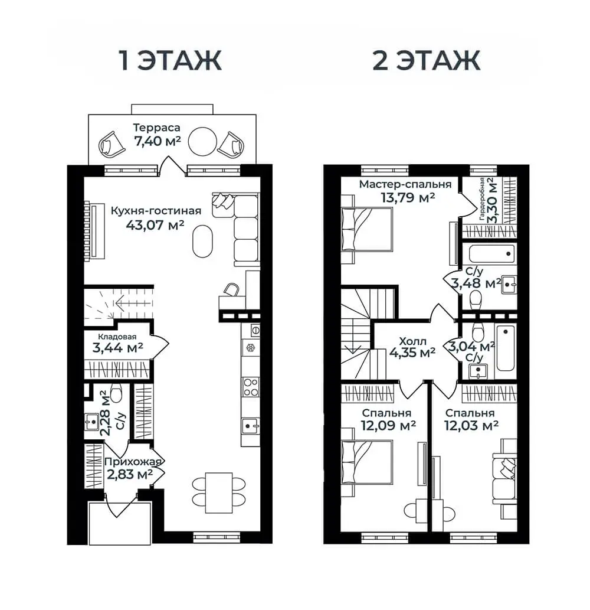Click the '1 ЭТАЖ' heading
point(171,60)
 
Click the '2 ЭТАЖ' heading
point(427,60)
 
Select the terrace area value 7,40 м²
point(158,141)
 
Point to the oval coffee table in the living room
point(204,241)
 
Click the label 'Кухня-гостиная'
point(156,211)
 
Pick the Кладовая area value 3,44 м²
point(117,347)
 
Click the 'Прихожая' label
point(133,462)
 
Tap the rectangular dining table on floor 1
point(219,492)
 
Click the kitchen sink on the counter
point(250,426)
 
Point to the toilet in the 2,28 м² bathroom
point(116,393)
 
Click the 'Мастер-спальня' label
point(405,184)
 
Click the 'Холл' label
point(413,341)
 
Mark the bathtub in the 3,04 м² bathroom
point(505,348)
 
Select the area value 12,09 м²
point(388,425)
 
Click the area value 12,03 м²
point(471,425)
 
